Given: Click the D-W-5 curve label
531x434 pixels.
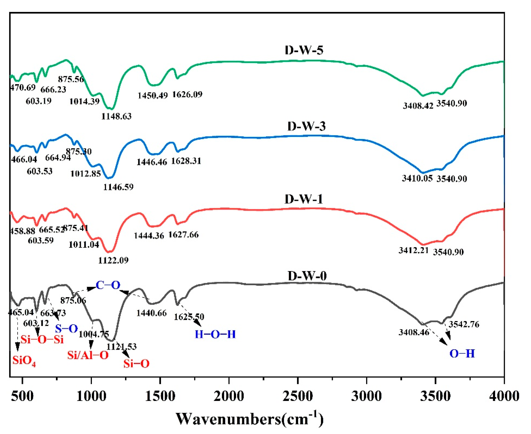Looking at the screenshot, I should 304,50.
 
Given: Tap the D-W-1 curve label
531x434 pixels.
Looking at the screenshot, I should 303,199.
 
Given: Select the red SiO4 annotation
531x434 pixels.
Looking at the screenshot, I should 24,361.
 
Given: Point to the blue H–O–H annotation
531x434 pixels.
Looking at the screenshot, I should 215,334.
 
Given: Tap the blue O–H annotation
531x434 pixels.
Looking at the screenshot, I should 462,354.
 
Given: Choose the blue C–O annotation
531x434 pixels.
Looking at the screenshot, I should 108,285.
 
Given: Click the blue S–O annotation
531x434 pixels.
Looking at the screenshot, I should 66,328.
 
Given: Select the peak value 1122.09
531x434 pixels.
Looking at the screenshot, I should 113,261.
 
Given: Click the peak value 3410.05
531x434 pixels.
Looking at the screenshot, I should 417,178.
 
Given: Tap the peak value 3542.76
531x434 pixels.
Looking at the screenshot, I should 464,324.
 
